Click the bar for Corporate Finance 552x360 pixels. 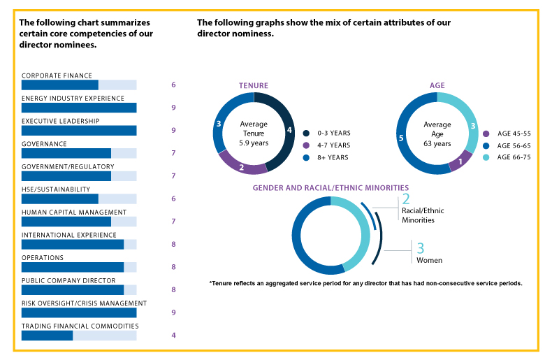(59, 85)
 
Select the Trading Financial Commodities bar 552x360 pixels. (47, 336)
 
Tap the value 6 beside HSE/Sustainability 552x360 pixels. (173, 199)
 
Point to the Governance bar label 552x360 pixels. (44, 144)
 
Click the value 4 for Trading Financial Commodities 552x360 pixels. (173, 335)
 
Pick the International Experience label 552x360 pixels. (69, 235)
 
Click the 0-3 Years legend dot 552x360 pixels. (307, 133)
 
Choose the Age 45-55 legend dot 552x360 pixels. (486, 133)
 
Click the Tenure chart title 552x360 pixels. (254, 85)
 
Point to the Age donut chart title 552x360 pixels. (437, 85)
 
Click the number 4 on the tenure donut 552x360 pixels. (289, 130)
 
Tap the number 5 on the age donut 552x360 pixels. (400, 138)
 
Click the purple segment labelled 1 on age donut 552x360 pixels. (460, 162)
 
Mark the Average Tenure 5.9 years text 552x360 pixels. (254, 134)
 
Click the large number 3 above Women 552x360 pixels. (421, 248)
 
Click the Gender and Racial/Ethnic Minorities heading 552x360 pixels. (331, 188)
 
